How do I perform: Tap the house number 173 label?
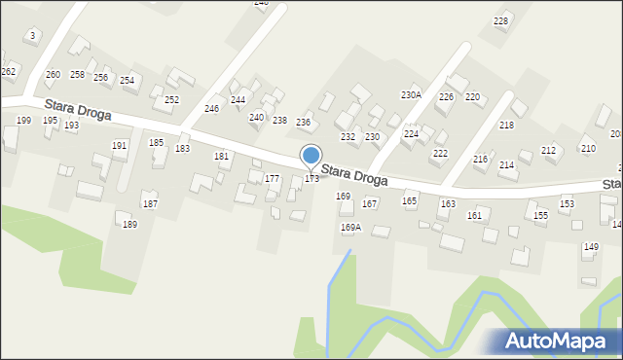(311, 179)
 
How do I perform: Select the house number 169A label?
(350, 228)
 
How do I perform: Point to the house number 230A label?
(411, 95)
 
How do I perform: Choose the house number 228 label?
(501, 21)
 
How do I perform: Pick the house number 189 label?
(129, 225)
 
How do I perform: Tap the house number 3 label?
(33, 35)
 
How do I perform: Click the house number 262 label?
(9, 72)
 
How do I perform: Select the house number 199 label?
(23, 121)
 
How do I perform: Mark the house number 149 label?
(591, 247)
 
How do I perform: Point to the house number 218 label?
(506, 126)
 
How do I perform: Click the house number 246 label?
(211, 109)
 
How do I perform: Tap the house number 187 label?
(150, 204)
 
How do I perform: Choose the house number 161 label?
(474, 215)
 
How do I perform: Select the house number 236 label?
(303, 123)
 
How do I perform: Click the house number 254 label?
(127, 81)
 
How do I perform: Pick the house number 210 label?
(588, 148)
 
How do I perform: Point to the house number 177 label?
(272, 179)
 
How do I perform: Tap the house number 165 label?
(410, 201)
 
